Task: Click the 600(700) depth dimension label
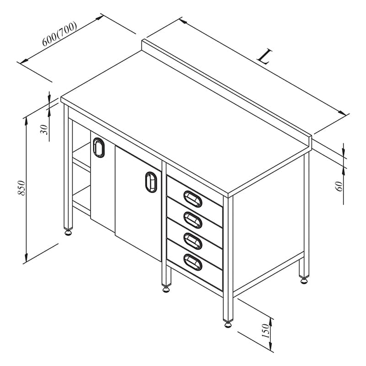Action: tap(59, 33)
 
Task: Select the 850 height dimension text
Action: tap(21, 188)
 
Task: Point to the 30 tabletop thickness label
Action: tap(44, 129)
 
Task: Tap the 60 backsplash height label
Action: tap(340, 186)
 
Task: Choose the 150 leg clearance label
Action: tap(265, 330)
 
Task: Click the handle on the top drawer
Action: tap(193, 199)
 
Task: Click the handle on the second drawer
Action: tap(193, 220)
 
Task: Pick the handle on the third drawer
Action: tap(193, 241)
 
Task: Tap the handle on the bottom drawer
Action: tap(193, 262)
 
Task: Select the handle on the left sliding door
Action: tap(99, 147)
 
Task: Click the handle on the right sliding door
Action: tap(151, 182)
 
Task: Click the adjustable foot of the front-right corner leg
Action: tap(228, 324)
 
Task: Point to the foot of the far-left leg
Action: tap(68, 232)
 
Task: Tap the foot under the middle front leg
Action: tap(166, 290)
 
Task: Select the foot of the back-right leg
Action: tap(304, 281)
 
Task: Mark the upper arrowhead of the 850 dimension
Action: tap(26, 120)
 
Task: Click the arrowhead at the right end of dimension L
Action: tap(342, 113)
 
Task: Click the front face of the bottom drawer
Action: tap(194, 265)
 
